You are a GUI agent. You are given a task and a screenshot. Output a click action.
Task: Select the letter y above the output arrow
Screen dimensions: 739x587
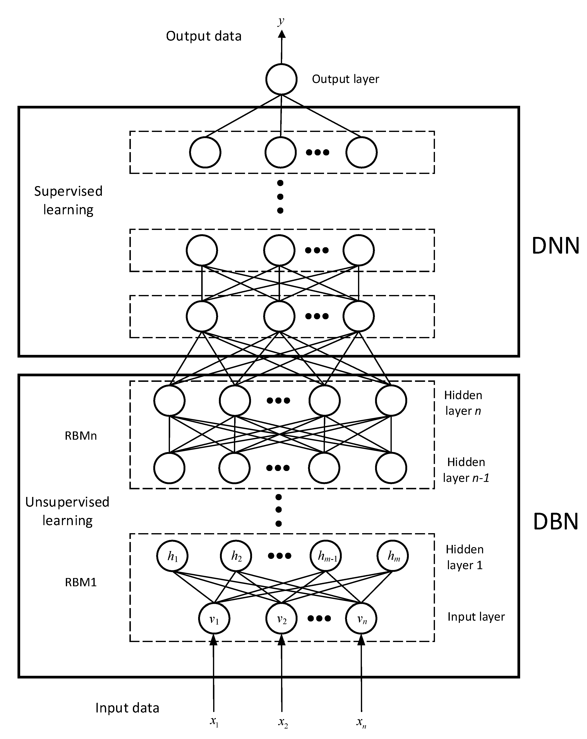point(281,21)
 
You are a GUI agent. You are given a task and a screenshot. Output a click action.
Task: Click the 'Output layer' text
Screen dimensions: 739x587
point(345,79)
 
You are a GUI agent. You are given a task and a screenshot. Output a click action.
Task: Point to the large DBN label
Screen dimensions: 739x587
point(555,522)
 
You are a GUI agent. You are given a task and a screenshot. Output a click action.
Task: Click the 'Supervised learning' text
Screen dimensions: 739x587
point(68,200)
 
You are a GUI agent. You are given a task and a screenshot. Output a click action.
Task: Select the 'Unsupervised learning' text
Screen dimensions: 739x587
point(67,511)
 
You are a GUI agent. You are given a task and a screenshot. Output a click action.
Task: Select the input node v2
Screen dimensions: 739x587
point(281,619)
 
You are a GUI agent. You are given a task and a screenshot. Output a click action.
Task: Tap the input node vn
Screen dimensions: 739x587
point(361,619)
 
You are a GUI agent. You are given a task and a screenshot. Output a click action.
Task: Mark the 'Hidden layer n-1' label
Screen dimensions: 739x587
point(466,470)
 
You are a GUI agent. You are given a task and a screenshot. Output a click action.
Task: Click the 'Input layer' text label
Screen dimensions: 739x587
point(476,617)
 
